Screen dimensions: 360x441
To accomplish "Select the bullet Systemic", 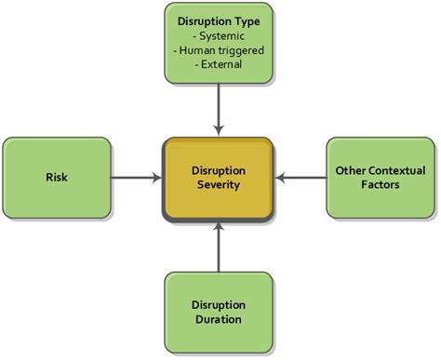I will click(220, 34).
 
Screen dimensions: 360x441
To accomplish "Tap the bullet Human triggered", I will click(220, 50).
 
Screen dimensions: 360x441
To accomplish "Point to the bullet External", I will click(220, 66).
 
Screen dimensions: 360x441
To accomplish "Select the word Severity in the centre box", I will click(220, 184).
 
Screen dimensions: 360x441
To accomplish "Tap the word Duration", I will click(220, 319).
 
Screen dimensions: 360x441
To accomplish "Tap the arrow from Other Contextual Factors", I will click(301, 175).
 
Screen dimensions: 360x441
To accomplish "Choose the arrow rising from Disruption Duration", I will click(219, 247).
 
